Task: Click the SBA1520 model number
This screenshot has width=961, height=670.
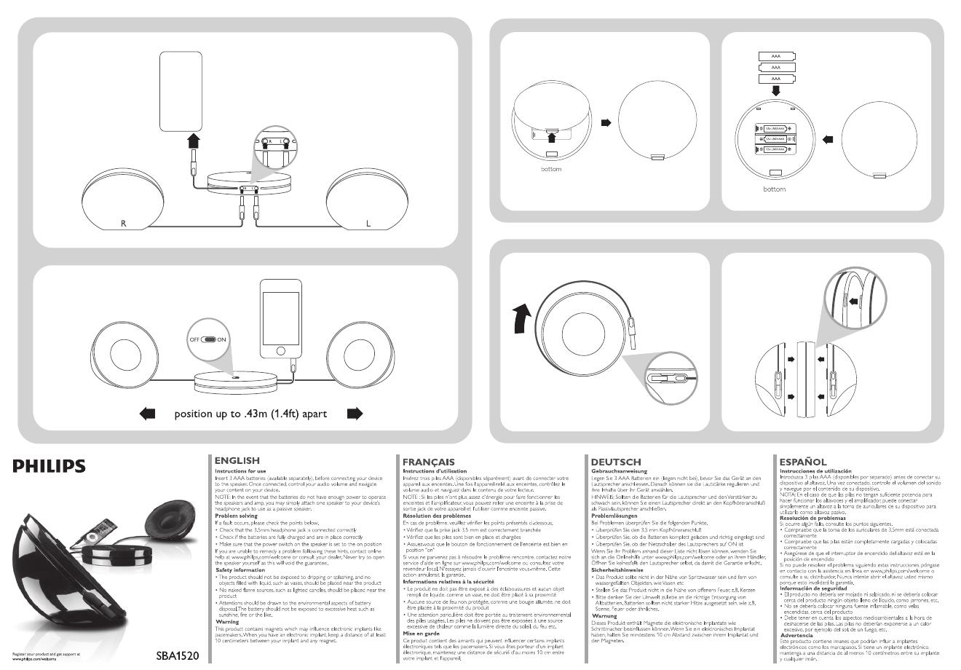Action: tap(178, 655)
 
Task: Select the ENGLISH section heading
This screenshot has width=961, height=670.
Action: tap(237, 461)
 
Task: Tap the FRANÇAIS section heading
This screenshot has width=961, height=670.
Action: tap(429, 462)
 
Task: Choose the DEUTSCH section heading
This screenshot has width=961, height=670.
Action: tap(616, 462)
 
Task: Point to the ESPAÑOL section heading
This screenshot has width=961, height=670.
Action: tap(803, 462)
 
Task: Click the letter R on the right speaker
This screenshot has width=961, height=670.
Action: tap(124, 223)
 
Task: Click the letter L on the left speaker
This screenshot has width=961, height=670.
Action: tap(368, 223)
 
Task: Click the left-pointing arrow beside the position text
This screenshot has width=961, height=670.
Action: tap(147, 414)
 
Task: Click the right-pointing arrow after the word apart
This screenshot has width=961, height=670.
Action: tap(355, 414)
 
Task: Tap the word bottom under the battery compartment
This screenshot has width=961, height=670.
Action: tap(775, 189)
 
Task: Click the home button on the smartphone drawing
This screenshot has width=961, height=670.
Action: tap(280, 350)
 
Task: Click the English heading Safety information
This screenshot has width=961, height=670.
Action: tap(240, 570)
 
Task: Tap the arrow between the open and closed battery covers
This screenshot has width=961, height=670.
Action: tap(606, 122)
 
